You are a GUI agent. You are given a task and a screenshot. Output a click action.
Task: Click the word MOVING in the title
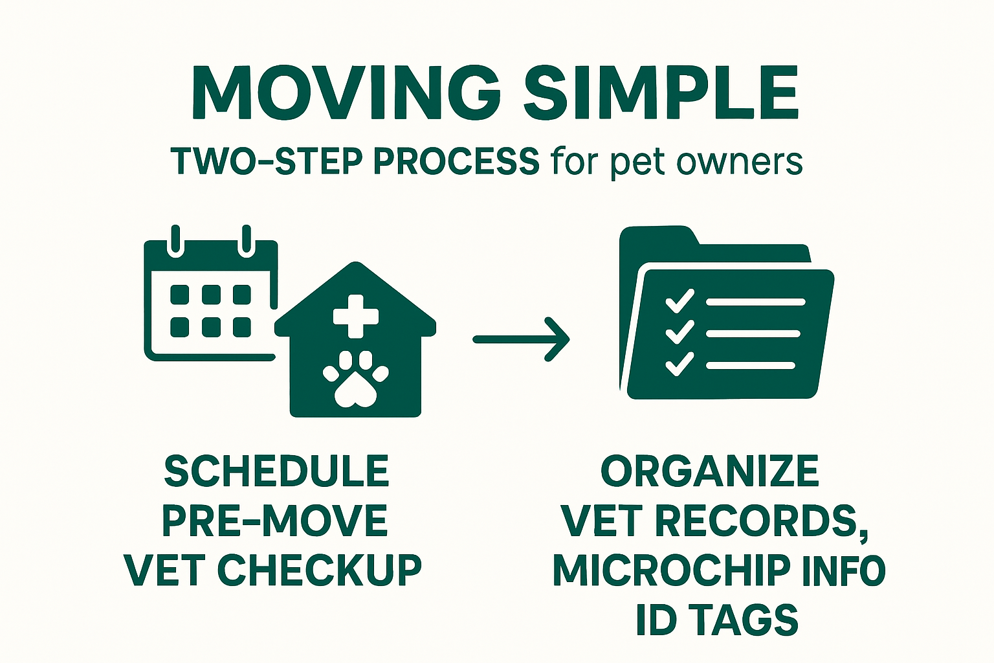click(347, 93)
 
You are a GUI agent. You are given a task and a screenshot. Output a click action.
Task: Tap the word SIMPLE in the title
click(661, 93)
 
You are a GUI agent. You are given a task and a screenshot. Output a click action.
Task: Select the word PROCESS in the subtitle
click(456, 162)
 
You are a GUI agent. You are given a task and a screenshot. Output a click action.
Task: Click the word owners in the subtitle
click(739, 163)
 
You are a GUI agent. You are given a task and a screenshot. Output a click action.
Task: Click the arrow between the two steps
click(521, 340)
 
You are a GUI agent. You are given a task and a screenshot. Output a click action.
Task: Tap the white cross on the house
click(356, 316)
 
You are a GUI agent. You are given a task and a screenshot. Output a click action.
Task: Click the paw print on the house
click(355, 379)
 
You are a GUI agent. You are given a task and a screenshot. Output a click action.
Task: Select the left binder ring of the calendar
click(176, 242)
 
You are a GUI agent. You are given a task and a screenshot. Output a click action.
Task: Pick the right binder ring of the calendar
click(247, 242)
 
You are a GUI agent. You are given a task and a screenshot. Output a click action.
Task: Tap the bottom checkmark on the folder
click(679, 364)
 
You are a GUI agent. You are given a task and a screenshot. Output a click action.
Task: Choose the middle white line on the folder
click(753, 333)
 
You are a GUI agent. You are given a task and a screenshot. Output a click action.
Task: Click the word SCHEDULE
click(276, 471)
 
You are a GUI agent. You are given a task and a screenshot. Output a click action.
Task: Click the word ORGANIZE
click(709, 471)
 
